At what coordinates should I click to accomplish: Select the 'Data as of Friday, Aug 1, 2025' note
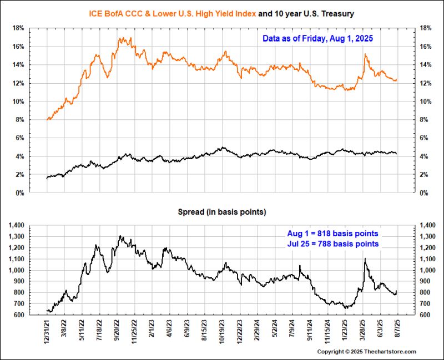(317, 39)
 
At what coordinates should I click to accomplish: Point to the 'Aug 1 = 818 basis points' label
(333, 234)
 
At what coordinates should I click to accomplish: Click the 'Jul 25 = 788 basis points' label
(333, 244)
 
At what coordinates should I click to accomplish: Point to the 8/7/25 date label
(397, 330)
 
